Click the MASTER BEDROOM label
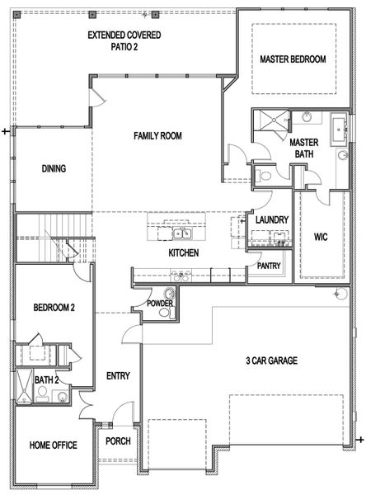(x=293, y=59)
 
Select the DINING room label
(x=54, y=169)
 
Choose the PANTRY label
(x=270, y=266)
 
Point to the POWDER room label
(x=159, y=304)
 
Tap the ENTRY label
(x=118, y=376)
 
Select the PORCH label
(x=118, y=441)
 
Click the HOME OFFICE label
(x=54, y=445)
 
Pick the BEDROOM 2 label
(x=54, y=308)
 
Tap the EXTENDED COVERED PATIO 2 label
(x=124, y=41)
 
